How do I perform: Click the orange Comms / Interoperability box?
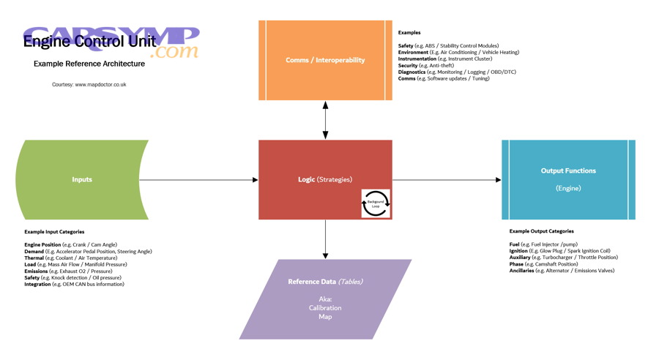coord(325,60)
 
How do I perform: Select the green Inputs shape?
coord(82,179)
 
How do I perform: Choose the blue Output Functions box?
coord(568,179)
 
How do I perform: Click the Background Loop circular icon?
coord(376,203)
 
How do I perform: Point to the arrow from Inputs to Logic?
coord(198,179)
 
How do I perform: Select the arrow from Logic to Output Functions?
coord(447,179)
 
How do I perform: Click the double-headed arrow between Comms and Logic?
coord(325,120)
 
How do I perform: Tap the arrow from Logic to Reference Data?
coord(325,239)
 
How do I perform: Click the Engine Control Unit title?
coord(89,42)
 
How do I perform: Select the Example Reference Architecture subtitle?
coord(89,64)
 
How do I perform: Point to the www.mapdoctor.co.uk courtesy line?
coord(89,85)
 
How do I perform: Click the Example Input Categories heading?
coord(54,232)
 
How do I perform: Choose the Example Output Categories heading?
coord(541,231)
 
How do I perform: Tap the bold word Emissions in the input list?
coord(36,271)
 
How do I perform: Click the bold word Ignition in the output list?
coord(518,251)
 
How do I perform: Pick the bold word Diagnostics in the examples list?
coord(412,72)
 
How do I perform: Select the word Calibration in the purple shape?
coord(325,308)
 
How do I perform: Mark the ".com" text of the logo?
coord(174,52)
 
